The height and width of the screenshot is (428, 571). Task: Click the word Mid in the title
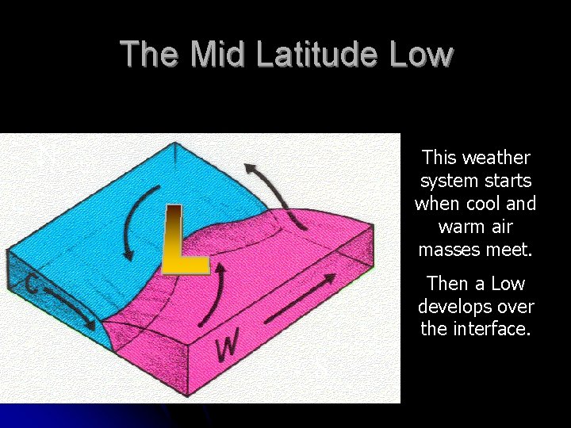(x=216, y=54)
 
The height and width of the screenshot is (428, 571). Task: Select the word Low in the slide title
(x=423, y=54)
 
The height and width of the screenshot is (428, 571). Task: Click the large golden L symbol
(x=183, y=239)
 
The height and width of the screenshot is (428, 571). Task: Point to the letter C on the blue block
(x=33, y=281)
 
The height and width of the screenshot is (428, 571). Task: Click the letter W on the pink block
(x=228, y=346)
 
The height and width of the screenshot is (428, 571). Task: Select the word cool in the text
(x=487, y=204)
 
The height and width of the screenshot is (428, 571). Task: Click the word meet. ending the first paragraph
(x=509, y=250)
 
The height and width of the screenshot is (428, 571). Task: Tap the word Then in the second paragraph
(x=446, y=283)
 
